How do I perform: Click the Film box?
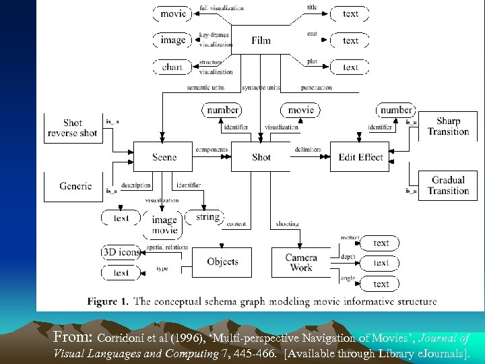(261, 40)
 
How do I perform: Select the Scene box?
(164, 157)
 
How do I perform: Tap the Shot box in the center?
(261, 157)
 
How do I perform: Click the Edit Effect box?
(360, 157)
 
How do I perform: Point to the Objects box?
(222, 262)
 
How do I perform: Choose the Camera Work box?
(301, 262)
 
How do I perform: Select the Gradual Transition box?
(447, 185)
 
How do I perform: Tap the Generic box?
(75, 186)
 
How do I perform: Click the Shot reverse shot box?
(73, 127)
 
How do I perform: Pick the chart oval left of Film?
(172, 67)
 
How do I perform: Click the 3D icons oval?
(121, 252)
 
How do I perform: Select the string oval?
(207, 217)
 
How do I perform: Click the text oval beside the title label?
(350, 13)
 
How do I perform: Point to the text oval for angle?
(381, 284)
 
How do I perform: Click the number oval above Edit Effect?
(396, 110)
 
